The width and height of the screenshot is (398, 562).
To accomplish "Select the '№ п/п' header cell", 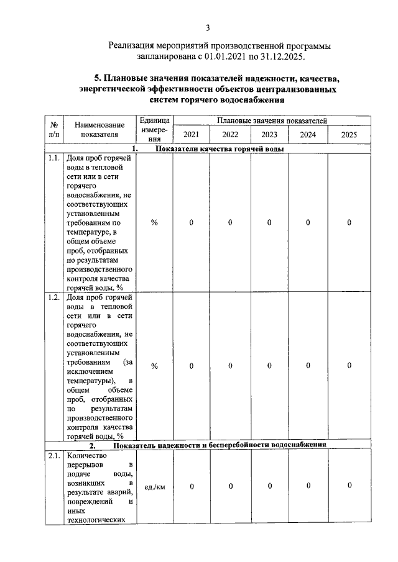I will click(x=53, y=129).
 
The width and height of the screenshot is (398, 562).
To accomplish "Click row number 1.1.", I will click(x=53, y=159).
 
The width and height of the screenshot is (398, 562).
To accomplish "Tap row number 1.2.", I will click(x=53, y=297).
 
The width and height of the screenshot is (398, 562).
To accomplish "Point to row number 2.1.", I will click(x=53, y=456).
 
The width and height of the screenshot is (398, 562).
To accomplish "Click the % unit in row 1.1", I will click(x=154, y=222).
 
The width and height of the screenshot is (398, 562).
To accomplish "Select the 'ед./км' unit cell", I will click(x=154, y=486).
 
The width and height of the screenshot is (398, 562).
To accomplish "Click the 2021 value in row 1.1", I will click(x=192, y=222).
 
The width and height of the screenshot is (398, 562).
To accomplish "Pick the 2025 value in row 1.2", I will click(x=349, y=366).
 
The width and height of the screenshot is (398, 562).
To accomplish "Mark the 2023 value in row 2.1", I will click(x=269, y=486).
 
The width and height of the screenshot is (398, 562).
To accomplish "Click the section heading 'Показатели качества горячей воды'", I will click(x=220, y=149).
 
